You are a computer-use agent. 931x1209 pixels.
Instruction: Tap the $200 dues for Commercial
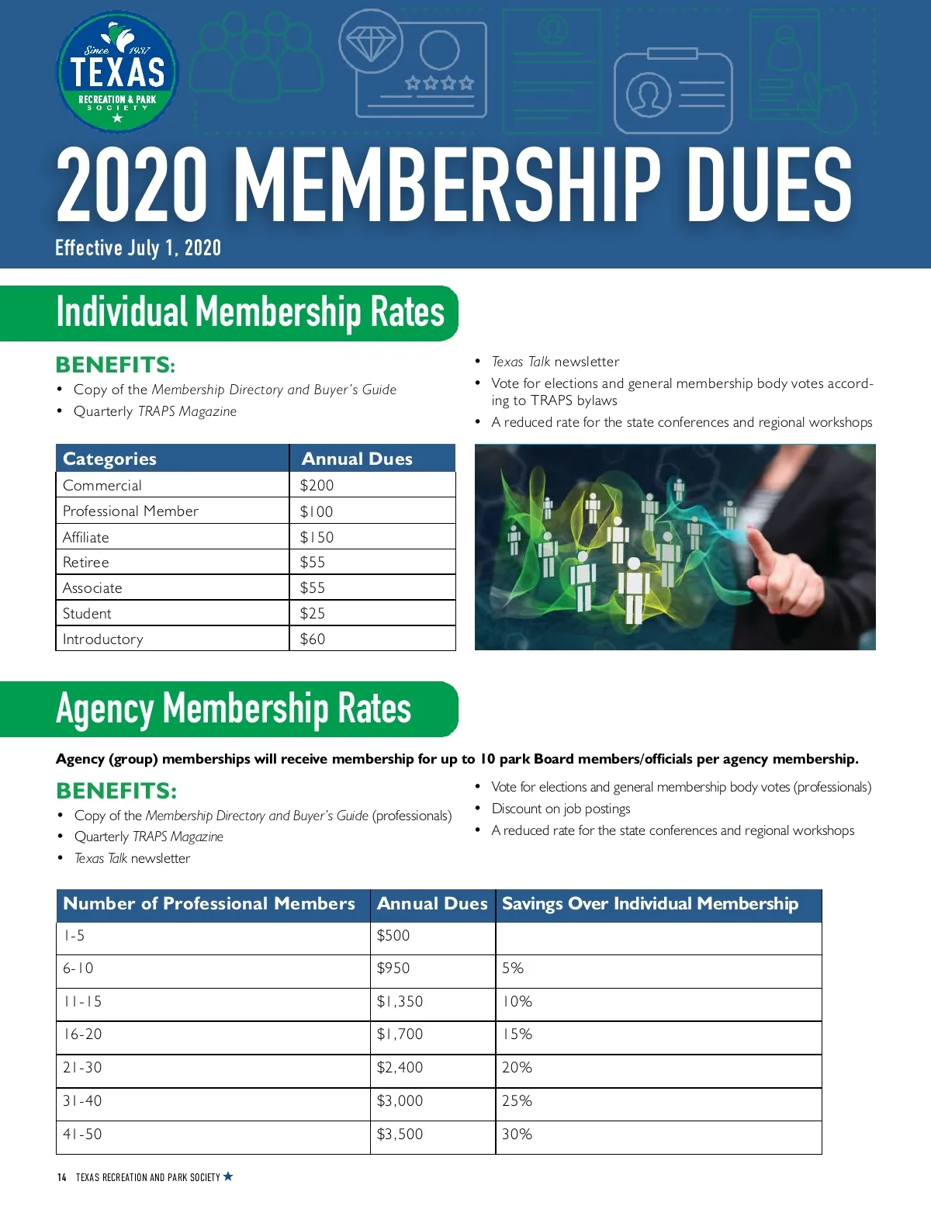point(317,485)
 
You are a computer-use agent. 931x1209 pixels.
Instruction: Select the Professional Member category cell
point(130,511)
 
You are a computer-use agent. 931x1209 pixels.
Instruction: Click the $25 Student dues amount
point(313,613)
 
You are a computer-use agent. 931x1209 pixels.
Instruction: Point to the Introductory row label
point(102,639)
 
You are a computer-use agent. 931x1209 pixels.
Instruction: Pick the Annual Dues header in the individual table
point(357,459)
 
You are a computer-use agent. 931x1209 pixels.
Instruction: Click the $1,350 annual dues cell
point(400,1001)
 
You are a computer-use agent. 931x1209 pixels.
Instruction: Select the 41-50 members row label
point(82,1134)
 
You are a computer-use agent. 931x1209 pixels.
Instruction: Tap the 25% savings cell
point(517,1100)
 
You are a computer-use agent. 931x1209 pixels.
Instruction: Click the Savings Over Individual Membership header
point(649,903)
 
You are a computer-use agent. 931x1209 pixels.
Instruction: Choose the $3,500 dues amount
point(400,1134)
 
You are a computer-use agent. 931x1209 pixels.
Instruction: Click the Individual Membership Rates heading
point(250,312)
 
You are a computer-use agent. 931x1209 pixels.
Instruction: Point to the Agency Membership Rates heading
point(233,708)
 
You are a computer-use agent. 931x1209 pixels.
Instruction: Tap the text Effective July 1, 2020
point(138,248)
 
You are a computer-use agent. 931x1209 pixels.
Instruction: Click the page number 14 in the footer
point(62,1177)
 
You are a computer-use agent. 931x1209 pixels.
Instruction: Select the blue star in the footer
point(228,1176)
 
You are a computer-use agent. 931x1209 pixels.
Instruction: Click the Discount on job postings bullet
point(561,809)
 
